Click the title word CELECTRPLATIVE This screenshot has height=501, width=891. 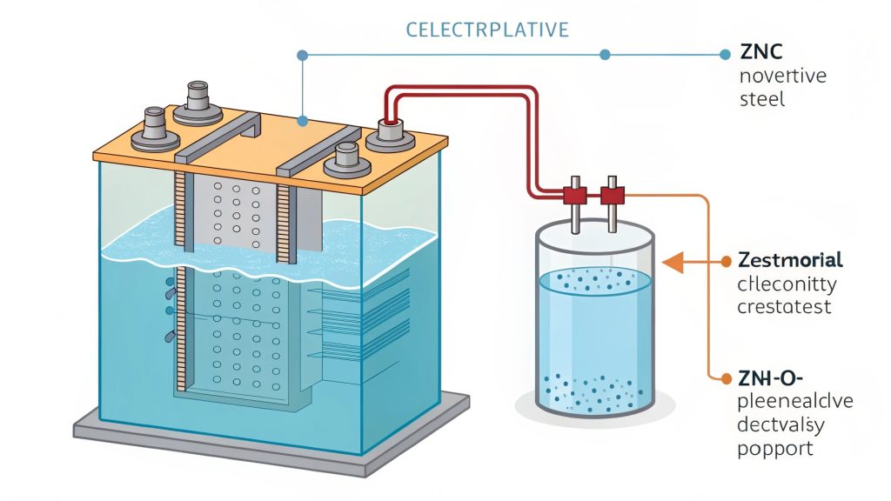(487, 30)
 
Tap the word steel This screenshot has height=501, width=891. (761, 99)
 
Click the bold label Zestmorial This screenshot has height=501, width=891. (789, 260)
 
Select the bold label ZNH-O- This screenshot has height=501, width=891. (769, 377)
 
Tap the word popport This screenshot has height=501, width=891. (774, 449)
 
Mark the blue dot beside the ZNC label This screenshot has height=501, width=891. (726, 54)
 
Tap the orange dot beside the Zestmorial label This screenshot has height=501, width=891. (727, 260)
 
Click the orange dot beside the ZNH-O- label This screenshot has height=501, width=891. (727, 377)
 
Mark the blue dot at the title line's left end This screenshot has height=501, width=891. (302, 55)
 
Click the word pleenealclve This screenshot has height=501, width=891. (794, 402)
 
